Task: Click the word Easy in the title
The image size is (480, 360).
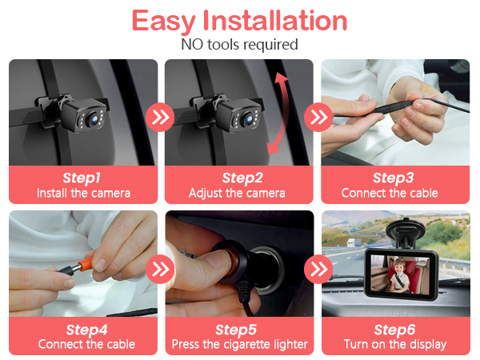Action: [163, 21]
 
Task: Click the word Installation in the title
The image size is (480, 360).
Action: [275, 20]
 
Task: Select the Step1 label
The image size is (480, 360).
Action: [82, 178]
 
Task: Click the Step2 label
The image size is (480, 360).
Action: [242, 178]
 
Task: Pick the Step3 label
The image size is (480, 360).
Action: [394, 178]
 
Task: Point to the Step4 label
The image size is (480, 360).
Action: [87, 330]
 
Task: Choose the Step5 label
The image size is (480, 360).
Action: [236, 330]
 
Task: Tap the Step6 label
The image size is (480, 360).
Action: [395, 330]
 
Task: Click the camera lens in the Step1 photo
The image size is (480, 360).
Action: [93, 119]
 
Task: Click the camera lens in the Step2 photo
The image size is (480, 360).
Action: [249, 120]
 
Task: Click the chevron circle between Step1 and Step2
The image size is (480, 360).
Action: [160, 117]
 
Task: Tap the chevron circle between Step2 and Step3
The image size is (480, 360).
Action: [318, 117]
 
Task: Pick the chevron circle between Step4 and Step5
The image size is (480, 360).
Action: [160, 270]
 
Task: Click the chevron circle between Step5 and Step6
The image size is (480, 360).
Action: [318, 270]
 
